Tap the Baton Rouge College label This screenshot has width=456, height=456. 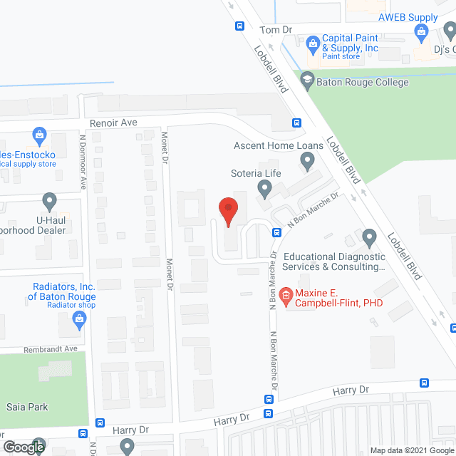pos(364,82)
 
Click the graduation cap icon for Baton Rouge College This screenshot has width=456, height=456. pos(308,80)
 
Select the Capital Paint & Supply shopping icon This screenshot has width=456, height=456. pos(313,43)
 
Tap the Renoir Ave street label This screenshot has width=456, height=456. pos(118,123)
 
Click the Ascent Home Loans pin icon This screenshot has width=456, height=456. pos(307,163)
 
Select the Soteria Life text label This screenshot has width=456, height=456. pos(255,173)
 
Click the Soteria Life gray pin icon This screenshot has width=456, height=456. pos(264,190)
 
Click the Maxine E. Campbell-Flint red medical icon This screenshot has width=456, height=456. pos(286,294)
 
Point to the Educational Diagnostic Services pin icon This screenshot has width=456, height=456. pos(368,237)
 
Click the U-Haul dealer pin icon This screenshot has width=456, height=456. pos(49,201)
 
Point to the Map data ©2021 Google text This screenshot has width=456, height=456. pos(410,450)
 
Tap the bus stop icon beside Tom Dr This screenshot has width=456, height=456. pos(239,26)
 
